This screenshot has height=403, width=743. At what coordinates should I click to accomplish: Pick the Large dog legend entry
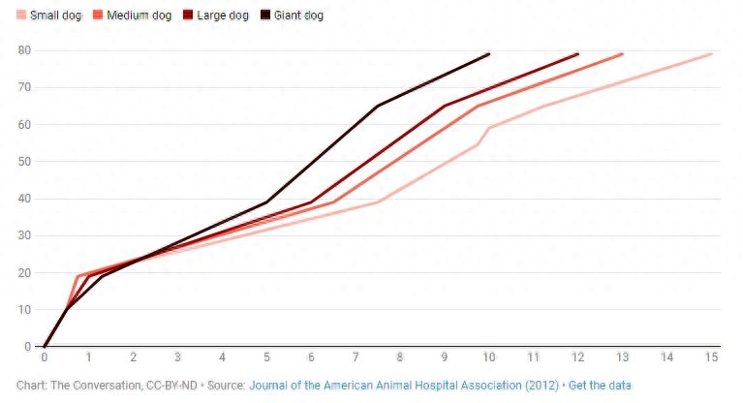(222, 15)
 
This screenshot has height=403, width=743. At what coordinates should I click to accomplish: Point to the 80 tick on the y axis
(25, 50)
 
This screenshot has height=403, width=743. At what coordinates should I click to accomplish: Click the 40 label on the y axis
(25, 199)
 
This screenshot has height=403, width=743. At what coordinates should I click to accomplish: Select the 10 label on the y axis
(25, 310)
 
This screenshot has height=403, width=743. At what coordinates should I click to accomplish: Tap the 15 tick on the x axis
(712, 357)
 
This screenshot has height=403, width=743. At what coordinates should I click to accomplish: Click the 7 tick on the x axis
(356, 357)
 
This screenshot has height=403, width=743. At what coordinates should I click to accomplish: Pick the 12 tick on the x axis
(578, 357)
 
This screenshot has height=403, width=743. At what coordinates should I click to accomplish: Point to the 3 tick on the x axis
(178, 357)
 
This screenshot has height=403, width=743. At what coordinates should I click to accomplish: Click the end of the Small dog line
(712, 54)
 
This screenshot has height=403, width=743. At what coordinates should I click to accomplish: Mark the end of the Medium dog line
(623, 54)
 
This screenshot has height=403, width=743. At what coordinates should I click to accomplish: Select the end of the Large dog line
(578, 54)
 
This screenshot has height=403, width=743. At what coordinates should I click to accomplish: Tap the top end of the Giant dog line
(489, 54)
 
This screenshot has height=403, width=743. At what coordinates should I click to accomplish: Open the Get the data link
(600, 386)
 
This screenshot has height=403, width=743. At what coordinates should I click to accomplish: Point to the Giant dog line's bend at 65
(378, 106)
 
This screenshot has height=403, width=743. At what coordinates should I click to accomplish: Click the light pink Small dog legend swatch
(21, 15)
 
